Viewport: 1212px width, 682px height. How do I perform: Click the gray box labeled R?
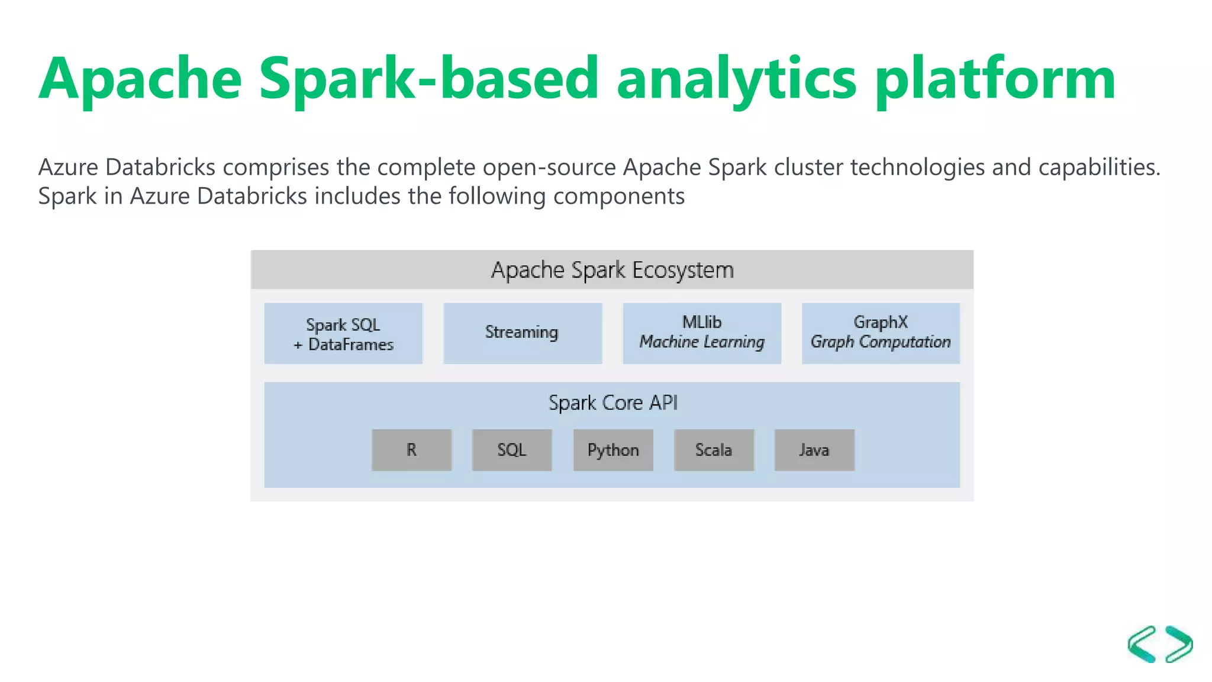(x=411, y=450)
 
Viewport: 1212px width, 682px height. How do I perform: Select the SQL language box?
(x=512, y=450)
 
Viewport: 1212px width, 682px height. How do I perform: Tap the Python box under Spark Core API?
(x=613, y=450)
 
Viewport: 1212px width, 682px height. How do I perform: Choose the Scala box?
(x=714, y=450)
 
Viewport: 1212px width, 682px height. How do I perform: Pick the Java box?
(x=814, y=450)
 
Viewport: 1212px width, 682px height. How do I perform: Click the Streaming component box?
(x=522, y=333)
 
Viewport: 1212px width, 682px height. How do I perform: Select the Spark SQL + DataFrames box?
(x=343, y=333)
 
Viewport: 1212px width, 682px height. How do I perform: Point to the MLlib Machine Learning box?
(x=702, y=333)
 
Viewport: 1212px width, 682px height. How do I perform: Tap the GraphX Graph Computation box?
(x=881, y=333)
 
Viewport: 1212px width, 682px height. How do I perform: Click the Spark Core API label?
(x=613, y=403)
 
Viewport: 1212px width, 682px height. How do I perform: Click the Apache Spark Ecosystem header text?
(x=612, y=270)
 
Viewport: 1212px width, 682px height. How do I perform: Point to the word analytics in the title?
(x=736, y=79)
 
